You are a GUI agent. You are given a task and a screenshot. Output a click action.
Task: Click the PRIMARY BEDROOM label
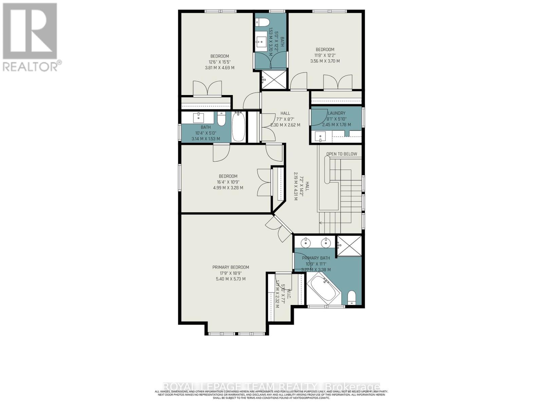pyautogui.click(x=230, y=267)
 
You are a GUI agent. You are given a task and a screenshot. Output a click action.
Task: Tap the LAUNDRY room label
pyautogui.click(x=336, y=113)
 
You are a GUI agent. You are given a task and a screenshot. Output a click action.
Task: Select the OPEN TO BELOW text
pyautogui.click(x=341, y=154)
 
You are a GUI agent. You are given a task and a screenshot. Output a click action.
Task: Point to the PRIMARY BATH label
pyautogui.click(x=316, y=258)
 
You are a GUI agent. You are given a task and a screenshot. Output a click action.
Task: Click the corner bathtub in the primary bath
pyautogui.click(x=323, y=291)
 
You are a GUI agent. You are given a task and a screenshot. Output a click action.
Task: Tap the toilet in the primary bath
pyautogui.click(x=352, y=297)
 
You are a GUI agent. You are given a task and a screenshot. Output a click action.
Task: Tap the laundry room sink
pyautogui.click(x=320, y=137)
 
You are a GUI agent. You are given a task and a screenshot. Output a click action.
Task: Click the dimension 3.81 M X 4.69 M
pyautogui.click(x=219, y=67)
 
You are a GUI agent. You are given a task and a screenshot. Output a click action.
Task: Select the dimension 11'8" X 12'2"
pyautogui.click(x=325, y=55)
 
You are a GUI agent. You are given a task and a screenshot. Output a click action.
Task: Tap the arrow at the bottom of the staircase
pyautogui.click(x=321, y=223)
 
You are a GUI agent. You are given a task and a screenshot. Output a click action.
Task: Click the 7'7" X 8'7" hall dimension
pyautogui.click(x=285, y=119)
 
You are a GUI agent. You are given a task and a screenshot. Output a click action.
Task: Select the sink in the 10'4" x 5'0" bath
pyautogui.click(x=198, y=118)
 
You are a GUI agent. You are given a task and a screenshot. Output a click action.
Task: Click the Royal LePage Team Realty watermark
pyautogui.click(x=271, y=387)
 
